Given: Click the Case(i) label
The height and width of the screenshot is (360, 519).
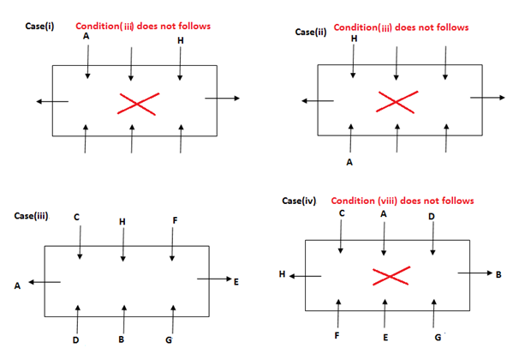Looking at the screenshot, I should (41, 26).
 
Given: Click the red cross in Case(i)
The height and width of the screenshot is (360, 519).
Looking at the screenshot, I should (138, 104).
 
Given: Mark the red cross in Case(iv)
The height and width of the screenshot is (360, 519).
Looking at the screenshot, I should (388, 277).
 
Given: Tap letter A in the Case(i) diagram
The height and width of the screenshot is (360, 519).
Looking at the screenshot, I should (86, 38).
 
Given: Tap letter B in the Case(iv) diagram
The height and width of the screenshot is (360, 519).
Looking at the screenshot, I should (498, 275).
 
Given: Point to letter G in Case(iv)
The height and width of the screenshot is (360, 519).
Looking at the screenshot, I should (438, 337).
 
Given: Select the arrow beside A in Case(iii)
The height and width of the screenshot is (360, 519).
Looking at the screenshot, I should (44, 283).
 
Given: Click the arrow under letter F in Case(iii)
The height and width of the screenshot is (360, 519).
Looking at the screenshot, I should (173, 246).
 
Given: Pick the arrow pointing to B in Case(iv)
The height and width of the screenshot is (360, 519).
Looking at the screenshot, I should (474, 273).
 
